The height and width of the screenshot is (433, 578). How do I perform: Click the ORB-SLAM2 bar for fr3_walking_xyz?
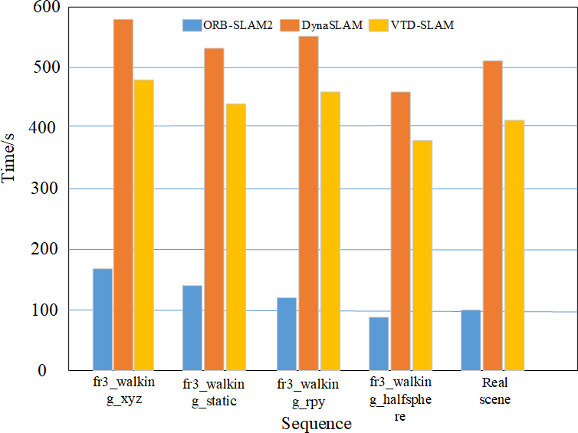103,319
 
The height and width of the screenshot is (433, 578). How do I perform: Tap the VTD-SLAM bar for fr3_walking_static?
235,237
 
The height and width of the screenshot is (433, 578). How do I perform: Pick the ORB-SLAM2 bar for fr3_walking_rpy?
287,334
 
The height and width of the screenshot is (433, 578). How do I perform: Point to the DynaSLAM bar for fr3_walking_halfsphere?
400,231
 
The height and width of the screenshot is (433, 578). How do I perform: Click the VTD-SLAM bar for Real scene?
513,245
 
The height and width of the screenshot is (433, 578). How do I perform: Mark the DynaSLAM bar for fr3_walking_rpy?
308,203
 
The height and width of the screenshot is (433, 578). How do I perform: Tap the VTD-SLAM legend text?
422,25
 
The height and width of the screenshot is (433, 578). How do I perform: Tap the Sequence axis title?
316,423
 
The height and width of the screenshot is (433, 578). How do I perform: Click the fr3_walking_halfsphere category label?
400,399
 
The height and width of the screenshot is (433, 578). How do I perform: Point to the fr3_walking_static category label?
215,390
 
